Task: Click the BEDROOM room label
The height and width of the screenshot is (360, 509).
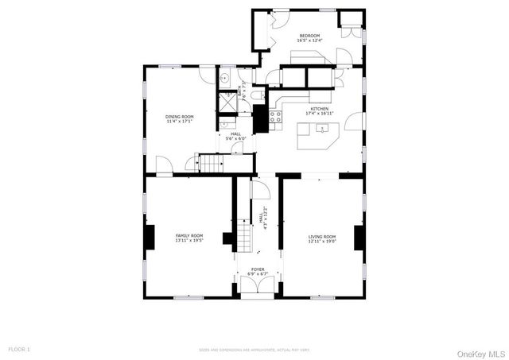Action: [309, 36]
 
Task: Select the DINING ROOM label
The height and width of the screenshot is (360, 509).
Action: [179, 117]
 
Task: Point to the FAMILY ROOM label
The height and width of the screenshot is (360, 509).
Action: [189, 235]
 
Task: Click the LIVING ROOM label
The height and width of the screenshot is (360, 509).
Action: [322, 236]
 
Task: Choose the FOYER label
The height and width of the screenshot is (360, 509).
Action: [258, 269]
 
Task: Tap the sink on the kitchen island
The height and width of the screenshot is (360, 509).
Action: [323, 128]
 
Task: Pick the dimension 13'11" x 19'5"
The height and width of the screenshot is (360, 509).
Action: [189, 241]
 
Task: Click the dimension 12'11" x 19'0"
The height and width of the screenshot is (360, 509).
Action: [322, 242]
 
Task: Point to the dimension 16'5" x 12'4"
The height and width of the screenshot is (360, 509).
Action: [309, 41]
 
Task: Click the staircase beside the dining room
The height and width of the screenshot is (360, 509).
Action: [211, 164]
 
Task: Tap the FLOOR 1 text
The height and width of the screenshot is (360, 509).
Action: [19, 349]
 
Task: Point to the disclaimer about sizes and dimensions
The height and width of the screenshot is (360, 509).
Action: [254, 350]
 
